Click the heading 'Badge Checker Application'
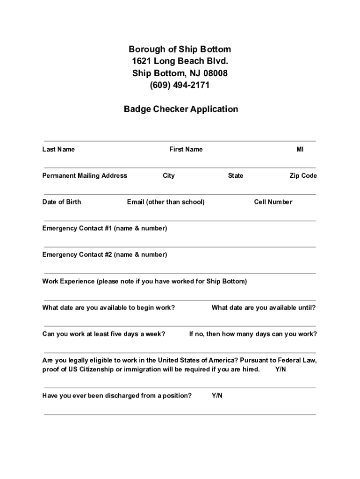[180, 109]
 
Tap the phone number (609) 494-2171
[180, 85]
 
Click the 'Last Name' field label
[58, 150]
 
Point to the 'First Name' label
[186, 150]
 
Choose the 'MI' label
[300, 150]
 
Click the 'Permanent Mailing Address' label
[85, 176]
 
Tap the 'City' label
[168, 176]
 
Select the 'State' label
[235, 176]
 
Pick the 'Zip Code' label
[303, 176]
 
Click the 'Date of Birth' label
[61, 202]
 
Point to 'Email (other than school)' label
[166, 202]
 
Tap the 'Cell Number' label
[273, 202]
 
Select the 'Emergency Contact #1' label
[104, 228]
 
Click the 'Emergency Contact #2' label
[104, 255]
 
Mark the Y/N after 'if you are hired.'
[281, 370]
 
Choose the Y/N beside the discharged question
[217, 396]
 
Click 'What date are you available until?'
[263, 308]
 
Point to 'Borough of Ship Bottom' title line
[180, 50]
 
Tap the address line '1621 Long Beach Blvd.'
[180, 61]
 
